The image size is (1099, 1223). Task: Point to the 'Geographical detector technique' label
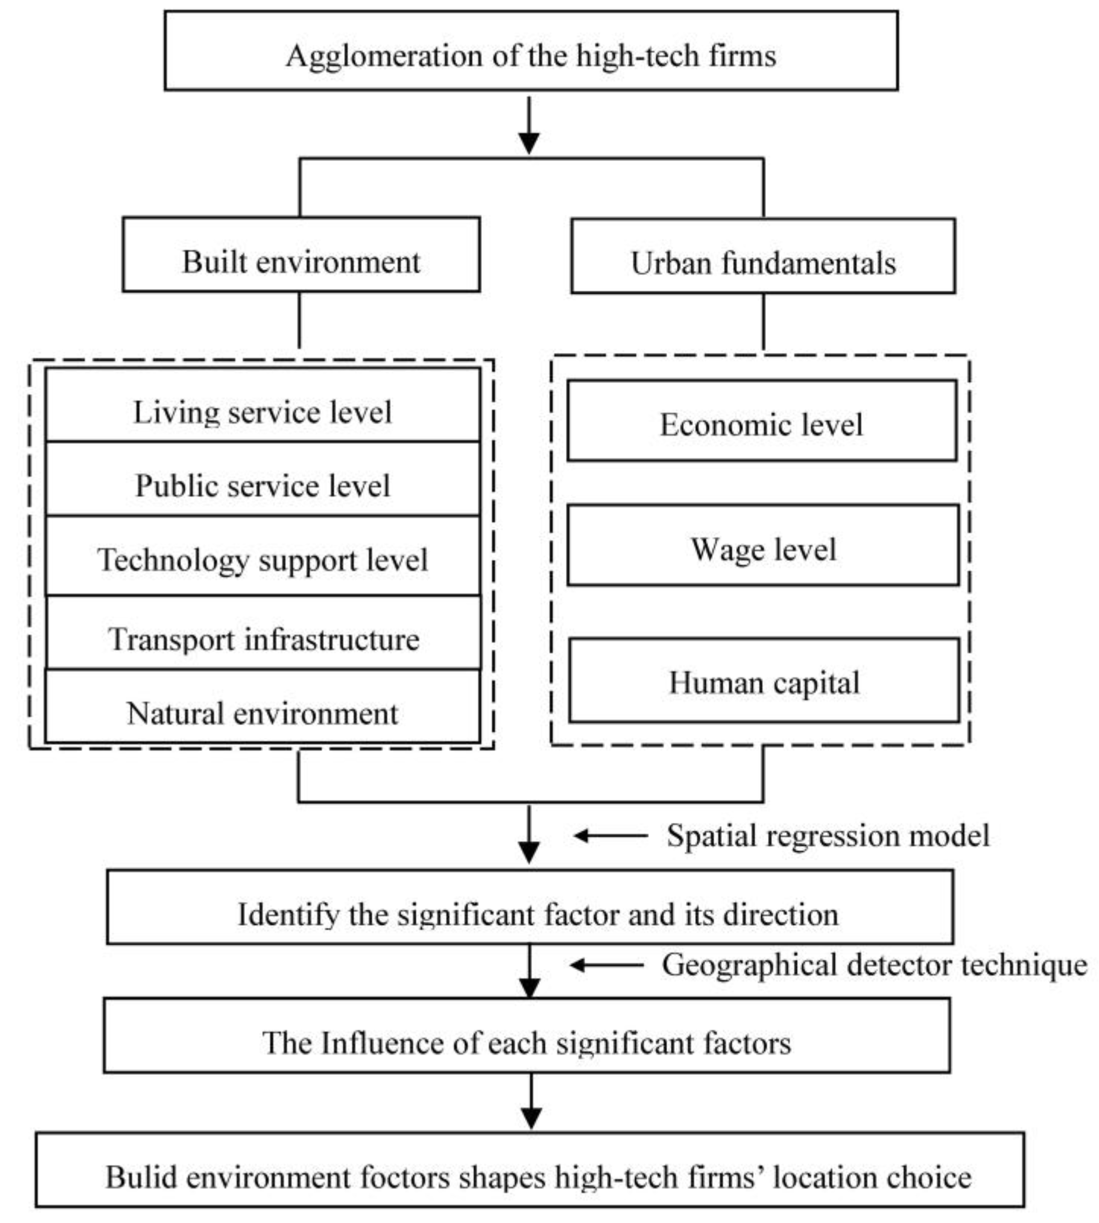click(874, 965)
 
